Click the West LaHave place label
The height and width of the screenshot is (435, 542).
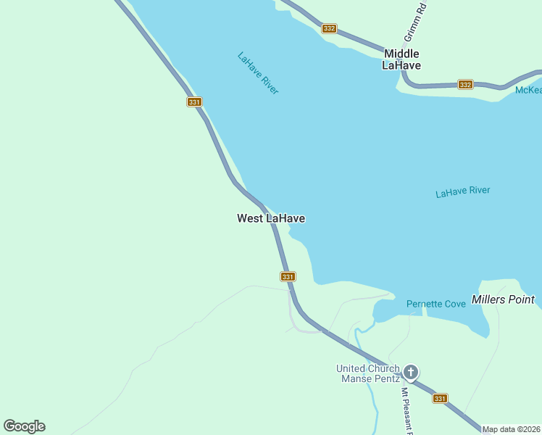point(270,218)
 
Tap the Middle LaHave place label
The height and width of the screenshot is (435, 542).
point(401,59)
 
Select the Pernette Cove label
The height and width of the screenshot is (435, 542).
point(435,304)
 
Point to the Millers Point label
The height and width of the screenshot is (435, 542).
point(503,299)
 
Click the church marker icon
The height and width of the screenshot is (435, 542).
point(411,373)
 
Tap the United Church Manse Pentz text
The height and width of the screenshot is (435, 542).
point(367,373)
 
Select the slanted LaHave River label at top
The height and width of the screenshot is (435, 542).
point(258,72)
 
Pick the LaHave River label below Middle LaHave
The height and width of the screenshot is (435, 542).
point(462,192)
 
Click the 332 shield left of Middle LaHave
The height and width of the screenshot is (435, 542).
point(330,28)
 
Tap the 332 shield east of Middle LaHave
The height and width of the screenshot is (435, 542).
point(465,85)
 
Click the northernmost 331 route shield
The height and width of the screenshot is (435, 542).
point(193,102)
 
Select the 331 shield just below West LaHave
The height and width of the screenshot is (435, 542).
point(288,277)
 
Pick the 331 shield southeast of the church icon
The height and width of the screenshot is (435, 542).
point(440,399)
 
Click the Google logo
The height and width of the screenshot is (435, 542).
point(24,426)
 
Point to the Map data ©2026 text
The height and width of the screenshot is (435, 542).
point(511,429)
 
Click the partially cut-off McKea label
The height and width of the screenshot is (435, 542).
point(528,90)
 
